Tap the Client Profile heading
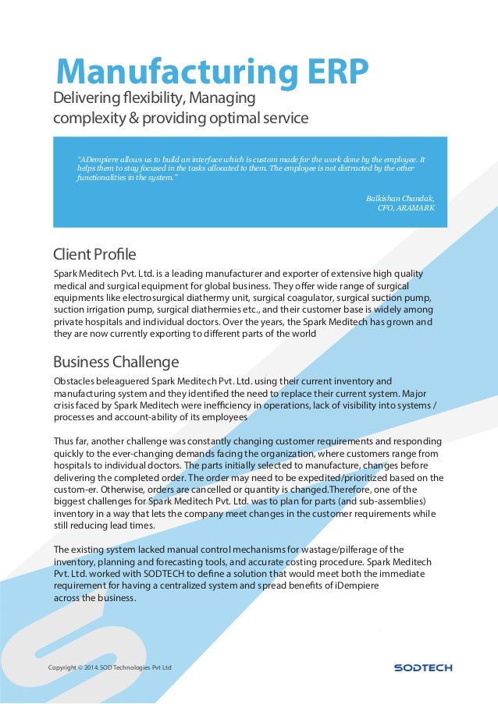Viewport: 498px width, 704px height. coord(94,254)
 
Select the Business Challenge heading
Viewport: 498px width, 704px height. coord(116,363)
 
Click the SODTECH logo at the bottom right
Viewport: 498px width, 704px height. coord(422,668)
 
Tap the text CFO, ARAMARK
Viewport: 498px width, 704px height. coord(406,208)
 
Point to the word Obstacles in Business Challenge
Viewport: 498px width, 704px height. coord(77,381)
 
